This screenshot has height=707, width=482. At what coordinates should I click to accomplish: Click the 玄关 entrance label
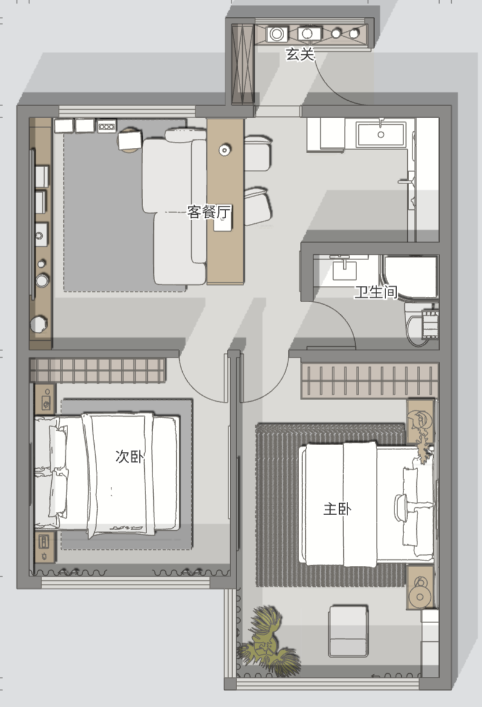click(300, 54)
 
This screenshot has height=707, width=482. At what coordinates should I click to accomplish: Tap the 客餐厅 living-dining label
click(209, 212)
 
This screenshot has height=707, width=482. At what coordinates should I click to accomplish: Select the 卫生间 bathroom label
click(376, 292)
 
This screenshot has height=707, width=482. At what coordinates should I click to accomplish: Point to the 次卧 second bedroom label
click(130, 456)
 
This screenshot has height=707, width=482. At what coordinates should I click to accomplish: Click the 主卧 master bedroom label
click(337, 509)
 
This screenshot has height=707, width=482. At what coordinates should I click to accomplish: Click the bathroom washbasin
click(345, 268)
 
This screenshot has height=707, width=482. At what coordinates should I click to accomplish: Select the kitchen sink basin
click(381, 133)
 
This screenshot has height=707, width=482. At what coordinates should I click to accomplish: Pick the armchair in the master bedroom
click(348, 631)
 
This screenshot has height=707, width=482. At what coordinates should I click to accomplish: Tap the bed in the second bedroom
click(107, 474)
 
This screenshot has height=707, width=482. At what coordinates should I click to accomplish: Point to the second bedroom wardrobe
click(98, 370)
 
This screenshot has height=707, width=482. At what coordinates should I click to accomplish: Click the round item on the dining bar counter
click(224, 150)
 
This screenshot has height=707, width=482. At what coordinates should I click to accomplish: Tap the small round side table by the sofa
click(130, 140)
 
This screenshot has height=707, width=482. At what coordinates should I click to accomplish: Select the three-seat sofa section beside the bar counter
click(174, 212)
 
